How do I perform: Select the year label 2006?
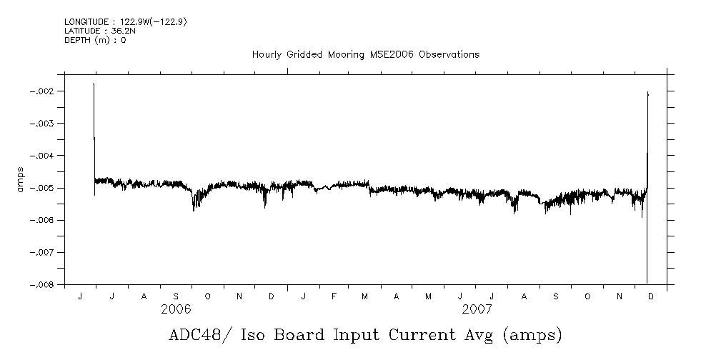176,309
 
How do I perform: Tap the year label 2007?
477,309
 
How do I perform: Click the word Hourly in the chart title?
267,54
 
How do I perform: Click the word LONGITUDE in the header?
88,23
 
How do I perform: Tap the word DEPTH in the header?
77,40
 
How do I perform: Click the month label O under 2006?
207,296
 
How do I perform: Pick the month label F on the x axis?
334,296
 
